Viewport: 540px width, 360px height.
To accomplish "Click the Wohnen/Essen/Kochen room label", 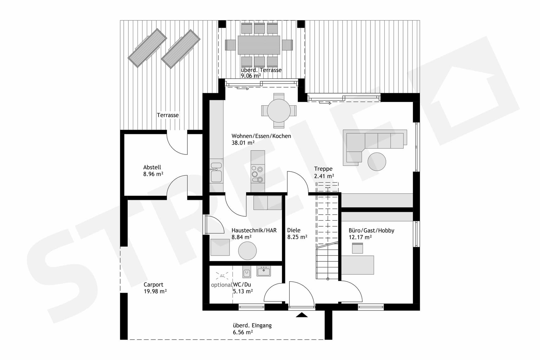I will [261, 136].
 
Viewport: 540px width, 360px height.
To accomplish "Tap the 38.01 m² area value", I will [243, 143].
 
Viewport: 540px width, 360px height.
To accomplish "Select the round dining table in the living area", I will [278, 111].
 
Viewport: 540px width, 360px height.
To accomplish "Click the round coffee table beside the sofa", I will [376, 162].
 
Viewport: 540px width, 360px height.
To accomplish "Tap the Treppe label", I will [323, 169].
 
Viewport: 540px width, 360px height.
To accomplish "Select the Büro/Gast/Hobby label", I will [371, 230].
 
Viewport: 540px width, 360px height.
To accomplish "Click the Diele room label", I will [294, 230].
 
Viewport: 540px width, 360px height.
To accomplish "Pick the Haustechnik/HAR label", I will [254, 230].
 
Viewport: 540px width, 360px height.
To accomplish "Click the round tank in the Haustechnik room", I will [247, 250].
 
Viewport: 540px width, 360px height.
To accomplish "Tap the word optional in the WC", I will [221, 285].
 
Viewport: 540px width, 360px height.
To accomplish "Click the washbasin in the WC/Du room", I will [264, 271].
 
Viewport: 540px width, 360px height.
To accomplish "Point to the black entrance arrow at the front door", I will [302, 315].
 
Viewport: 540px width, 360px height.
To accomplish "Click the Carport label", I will [153, 285].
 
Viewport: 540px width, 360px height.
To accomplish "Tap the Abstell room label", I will [152, 167].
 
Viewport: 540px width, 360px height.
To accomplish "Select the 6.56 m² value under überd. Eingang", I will [243, 332].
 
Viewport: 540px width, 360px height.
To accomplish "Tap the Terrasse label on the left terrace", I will [168, 115].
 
